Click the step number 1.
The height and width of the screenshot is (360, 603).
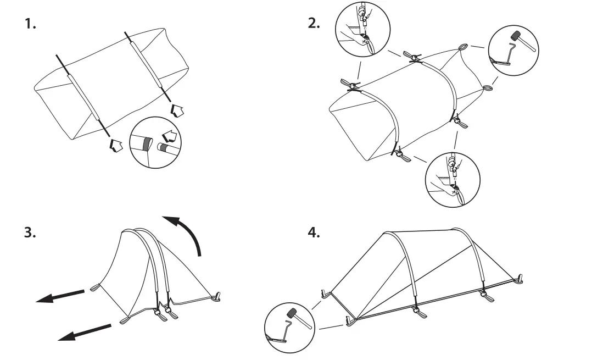point(30,24)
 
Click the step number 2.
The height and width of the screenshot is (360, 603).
point(314,24)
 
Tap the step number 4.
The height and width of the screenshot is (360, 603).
point(314,232)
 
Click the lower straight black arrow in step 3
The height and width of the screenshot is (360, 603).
point(85,331)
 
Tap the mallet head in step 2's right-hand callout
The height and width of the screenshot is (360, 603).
point(516,36)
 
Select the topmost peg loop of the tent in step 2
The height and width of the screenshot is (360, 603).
point(463,47)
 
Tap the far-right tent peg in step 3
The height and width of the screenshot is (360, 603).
point(217,297)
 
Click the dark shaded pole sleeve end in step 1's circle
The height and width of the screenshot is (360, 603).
point(146,145)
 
